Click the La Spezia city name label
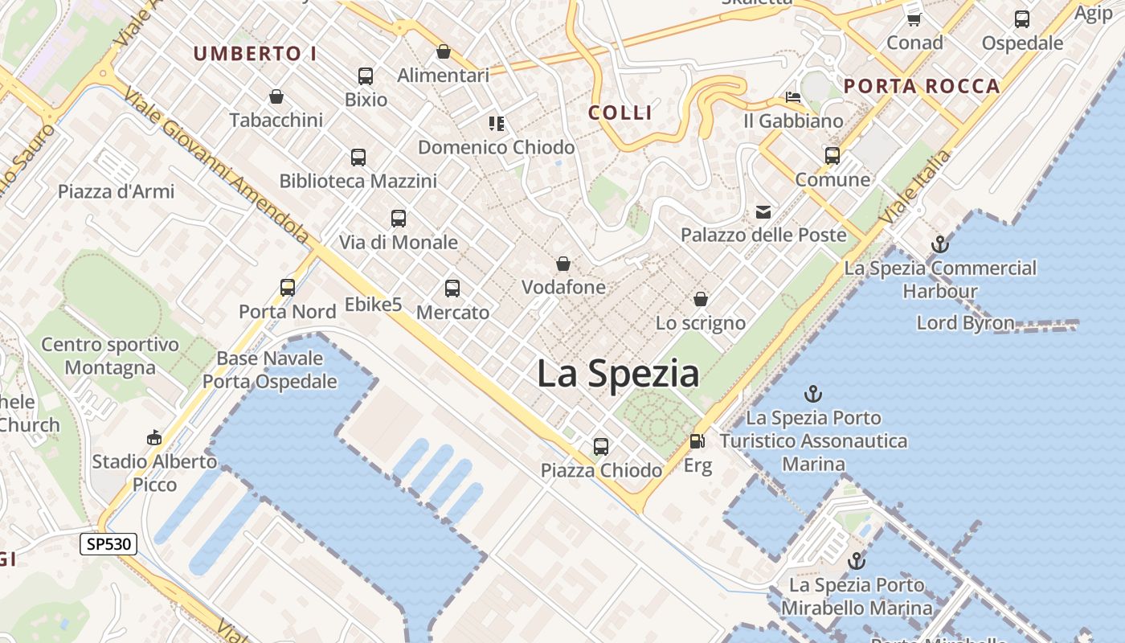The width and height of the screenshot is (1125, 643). click(x=617, y=375)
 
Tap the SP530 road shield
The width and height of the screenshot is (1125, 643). click(x=108, y=544)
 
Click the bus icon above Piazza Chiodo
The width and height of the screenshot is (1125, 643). click(x=601, y=447)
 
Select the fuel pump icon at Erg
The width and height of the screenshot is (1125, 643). click(x=697, y=442)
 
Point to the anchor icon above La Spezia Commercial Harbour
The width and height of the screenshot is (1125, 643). click(x=939, y=244)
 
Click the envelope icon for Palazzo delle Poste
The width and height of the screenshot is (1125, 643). click(x=763, y=212)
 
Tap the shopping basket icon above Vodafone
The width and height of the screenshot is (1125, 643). click(x=563, y=264)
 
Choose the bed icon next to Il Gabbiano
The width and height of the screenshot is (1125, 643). click(x=793, y=98)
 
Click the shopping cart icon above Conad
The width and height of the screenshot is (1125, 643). click(x=914, y=18)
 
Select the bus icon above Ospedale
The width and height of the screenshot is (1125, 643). click(x=1022, y=19)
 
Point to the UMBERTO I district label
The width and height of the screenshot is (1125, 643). click(x=255, y=54)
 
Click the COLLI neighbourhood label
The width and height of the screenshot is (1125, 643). click(x=620, y=113)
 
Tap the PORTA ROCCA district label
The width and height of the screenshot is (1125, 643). click(x=922, y=86)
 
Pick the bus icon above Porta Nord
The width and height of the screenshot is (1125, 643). click(x=288, y=288)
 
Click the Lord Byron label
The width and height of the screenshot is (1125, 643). click(x=965, y=323)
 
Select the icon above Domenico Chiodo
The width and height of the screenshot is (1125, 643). click(x=497, y=124)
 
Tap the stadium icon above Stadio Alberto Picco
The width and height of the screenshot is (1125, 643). click(x=154, y=438)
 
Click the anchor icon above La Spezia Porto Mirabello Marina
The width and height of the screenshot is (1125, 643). click(x=857, y=561)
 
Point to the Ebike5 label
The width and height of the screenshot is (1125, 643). click(x=373, y=305)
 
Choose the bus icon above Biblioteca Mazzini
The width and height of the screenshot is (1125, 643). click(x=358, y=158)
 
